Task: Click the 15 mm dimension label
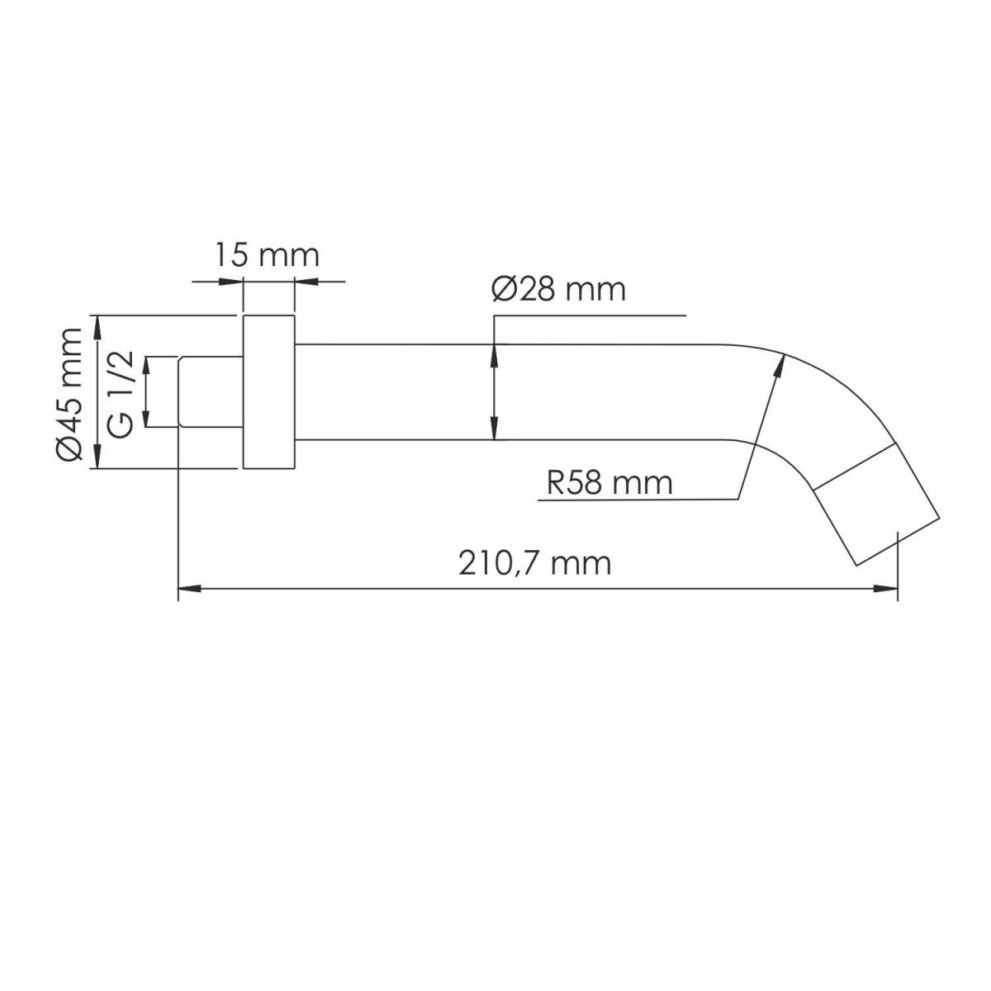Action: pyautogui.click(x=267, y=255)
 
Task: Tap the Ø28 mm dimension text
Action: pyautogui.click(x=559, y=290)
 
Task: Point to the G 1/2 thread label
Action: pyautogui.click(x=121, y=394)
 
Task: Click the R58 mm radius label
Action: pyautogui.click(x=609, y=483)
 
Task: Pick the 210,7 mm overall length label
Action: pyautogui.click(x=535, y=563)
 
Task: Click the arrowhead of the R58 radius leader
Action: pyautogui.click(x=780, y=366)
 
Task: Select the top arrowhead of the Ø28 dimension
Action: pyautogui.click(x=494, y=355)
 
